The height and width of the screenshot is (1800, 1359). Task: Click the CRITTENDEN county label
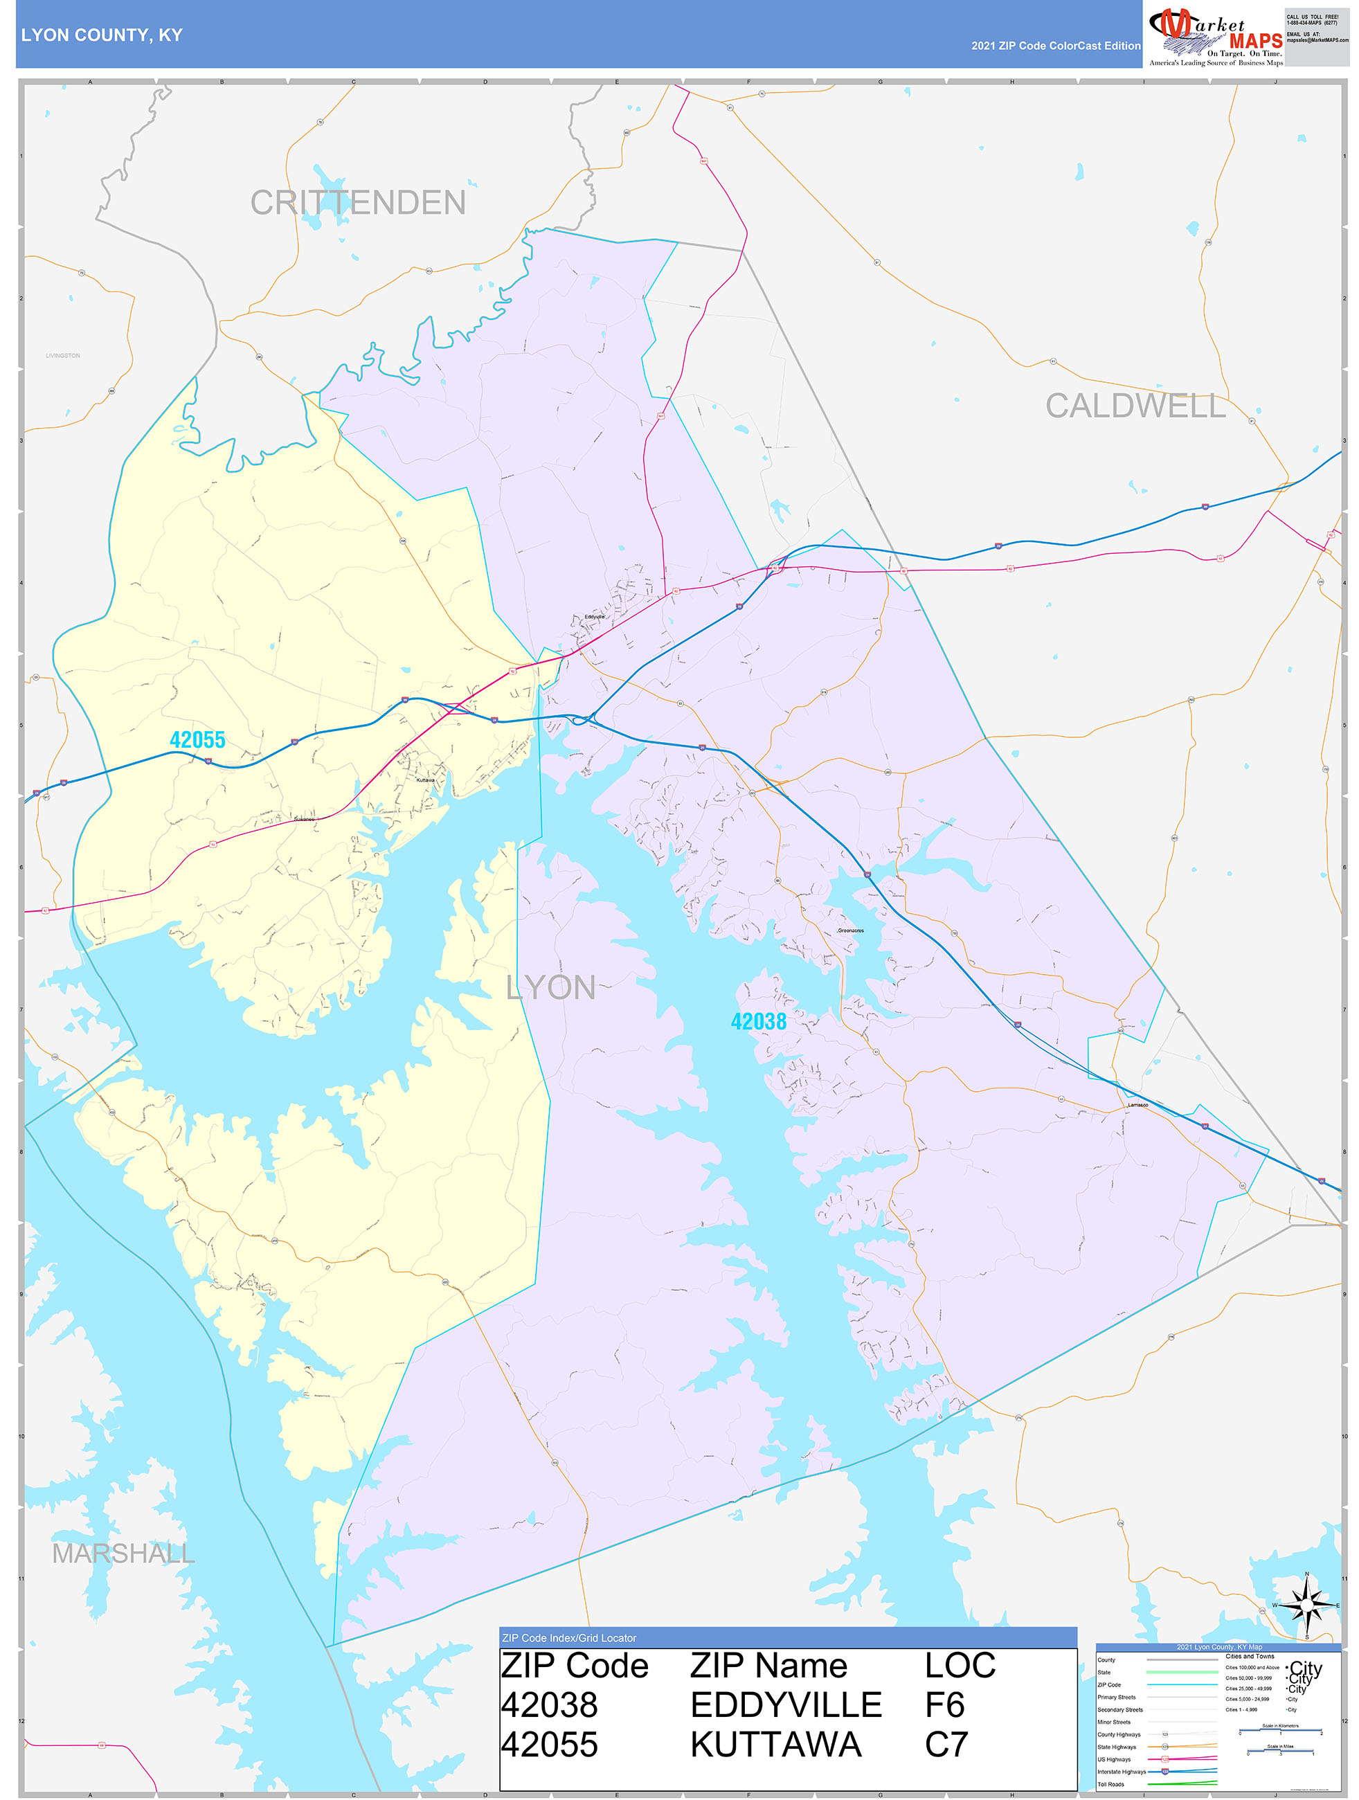click(x=358, y=203)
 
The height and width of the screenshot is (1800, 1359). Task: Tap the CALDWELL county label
click(x=1135, y=405)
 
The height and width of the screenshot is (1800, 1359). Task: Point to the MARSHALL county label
click(x=123, y=1554)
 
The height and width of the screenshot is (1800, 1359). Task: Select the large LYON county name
click(x=551, y=988)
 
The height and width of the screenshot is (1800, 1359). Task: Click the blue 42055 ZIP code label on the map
click(x=197, y=739)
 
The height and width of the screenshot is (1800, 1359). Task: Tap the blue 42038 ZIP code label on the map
click(x=759, y=1021)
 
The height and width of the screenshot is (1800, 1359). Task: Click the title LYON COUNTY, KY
click(x=102, y=35)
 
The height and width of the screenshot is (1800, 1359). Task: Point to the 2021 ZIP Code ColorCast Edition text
click(x=1056, y=46)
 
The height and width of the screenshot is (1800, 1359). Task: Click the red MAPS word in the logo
click(x=1255, y=41)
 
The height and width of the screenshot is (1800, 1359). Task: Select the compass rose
click(x=1307, y=1605)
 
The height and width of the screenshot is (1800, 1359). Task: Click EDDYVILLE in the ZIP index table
click(x=785, y=1704)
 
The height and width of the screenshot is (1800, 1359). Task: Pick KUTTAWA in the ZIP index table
click(x=775, y=1745)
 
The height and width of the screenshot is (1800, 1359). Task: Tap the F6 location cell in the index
click(x=944, y=1704)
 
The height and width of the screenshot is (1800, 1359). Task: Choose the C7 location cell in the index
click(x=946, y=1745)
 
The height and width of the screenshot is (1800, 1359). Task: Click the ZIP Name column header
click(x=768, y=1666)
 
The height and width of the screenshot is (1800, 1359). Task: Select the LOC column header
click(x=960, y=1666)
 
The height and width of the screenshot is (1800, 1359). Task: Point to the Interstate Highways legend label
click(x=1121, y=1772)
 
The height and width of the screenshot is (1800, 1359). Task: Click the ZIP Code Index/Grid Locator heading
click(x=569, y=1638)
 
